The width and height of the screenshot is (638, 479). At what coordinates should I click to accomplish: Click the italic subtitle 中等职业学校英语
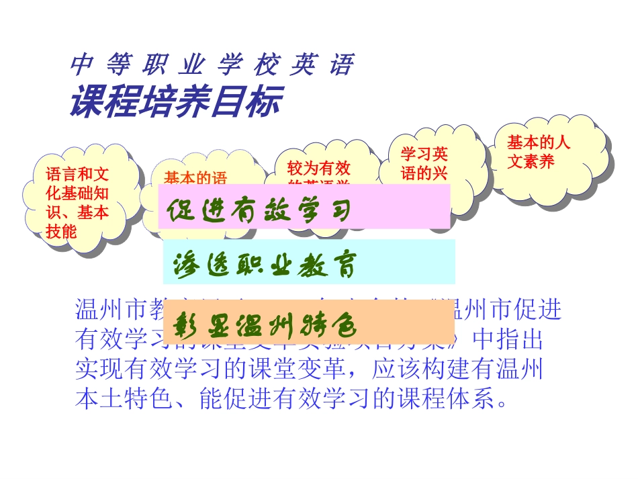212,65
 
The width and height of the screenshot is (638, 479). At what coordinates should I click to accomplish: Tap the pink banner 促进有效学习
305,206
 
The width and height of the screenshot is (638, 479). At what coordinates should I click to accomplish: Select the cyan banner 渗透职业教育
309,262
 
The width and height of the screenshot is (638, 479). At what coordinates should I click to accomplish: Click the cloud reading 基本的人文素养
538,152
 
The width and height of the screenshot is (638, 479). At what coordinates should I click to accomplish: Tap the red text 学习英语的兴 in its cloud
424,163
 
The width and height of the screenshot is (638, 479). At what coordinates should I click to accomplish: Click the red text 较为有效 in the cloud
319,168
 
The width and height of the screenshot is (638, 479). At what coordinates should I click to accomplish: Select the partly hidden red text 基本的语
196,179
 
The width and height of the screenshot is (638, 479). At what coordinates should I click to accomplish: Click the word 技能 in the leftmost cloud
62,231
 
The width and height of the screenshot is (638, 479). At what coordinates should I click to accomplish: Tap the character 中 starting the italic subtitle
80,65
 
